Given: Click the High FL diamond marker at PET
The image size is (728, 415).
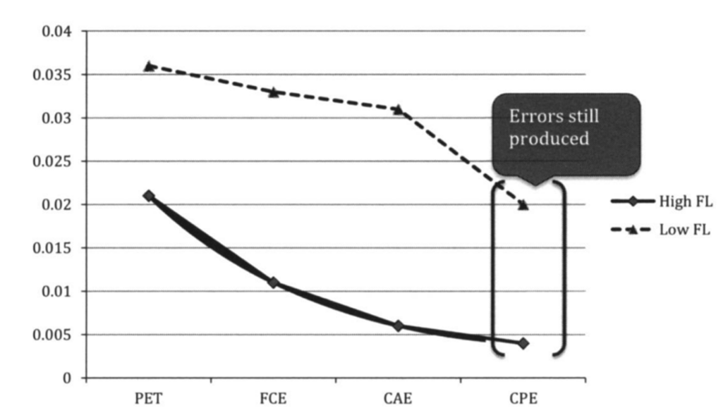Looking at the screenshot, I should [x=149, y=195].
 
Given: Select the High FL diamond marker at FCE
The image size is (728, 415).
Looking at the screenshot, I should [x=274, y=283].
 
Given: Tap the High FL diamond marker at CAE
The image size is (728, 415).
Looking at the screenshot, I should [x=399, y=326].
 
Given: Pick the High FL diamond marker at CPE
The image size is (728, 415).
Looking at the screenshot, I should [x=523, y=343].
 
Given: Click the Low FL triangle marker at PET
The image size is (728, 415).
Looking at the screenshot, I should [x=149, y=66].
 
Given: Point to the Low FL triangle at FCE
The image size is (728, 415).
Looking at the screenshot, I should [x=274, y=92].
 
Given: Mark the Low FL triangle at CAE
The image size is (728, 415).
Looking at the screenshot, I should [x=399, y=109].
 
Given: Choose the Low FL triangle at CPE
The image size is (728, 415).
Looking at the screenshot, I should [x=523, y=204].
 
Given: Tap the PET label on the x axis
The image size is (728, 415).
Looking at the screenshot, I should [x=149, y=399].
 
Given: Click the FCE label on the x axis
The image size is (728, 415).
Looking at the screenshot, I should [x=274, y=399].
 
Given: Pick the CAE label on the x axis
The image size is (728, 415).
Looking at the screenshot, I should [x=399, y=399].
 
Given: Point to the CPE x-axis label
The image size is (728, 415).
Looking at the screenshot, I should [x=523, y=399].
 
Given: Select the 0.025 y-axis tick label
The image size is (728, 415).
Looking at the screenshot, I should [x=57, y=161].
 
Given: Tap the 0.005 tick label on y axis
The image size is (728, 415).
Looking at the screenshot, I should [x=57, y=335].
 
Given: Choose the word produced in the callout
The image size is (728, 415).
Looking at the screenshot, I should [x=550, y=139].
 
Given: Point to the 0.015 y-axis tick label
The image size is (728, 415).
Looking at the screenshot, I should [x=57, y=248].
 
